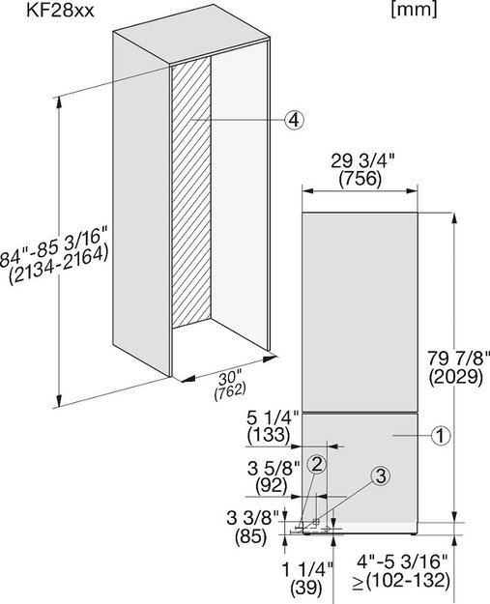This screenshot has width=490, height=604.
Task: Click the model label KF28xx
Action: [60, 10]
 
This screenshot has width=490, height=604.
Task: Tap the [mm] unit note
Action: [414, 10]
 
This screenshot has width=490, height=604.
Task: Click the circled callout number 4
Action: [294, 120]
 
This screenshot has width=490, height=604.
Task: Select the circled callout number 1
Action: [441, 436]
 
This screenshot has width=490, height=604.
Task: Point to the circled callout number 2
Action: [317, 465]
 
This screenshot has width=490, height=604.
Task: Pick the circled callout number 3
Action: [381, 476]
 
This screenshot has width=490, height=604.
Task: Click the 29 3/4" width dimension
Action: [362, 161]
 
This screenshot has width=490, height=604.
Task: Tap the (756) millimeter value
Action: [360, 179]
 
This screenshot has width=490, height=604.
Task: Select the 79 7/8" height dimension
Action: [458, 359]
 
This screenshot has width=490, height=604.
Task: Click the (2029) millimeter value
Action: [456, 377]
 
